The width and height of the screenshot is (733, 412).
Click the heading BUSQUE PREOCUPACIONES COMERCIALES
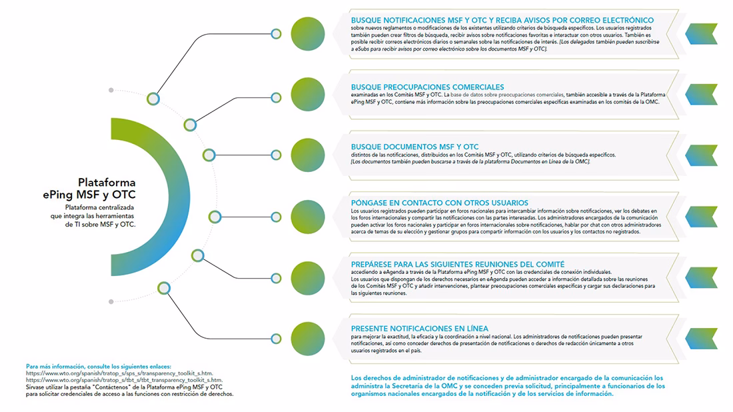point(427,87)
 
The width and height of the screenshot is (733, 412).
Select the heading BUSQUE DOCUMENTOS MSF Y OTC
point(414,147)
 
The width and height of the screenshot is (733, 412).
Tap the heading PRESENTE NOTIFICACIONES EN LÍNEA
point(419,329)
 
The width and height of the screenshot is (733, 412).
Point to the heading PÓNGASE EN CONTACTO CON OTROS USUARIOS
point(439,203)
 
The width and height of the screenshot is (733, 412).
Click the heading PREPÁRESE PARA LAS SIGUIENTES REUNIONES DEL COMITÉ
point(457,264)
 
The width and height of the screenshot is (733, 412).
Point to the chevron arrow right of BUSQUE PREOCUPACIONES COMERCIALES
point(701,94)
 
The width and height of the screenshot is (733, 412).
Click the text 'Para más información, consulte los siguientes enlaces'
point(99,367)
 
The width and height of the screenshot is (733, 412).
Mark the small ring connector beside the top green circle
point(276,33)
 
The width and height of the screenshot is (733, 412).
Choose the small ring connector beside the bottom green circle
point(276,339)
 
